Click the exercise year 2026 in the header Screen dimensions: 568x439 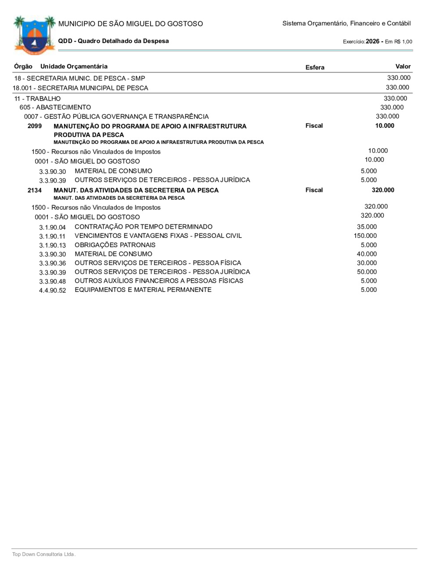372,41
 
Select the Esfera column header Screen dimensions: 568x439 315,67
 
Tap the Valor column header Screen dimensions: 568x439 403,66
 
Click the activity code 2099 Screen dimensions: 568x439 35,126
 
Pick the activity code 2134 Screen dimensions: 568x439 35,191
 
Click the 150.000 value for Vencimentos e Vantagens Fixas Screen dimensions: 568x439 365,236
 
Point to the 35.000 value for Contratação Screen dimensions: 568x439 367,227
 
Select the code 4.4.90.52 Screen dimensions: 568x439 52,291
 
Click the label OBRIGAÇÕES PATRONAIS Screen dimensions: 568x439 115,245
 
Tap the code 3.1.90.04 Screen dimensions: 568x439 52,227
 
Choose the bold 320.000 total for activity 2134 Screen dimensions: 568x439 383,190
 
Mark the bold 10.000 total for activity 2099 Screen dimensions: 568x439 385,126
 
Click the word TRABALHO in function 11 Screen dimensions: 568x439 43,99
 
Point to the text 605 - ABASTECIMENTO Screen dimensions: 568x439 55,107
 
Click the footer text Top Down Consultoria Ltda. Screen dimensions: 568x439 44,554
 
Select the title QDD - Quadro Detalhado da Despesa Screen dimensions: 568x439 113,41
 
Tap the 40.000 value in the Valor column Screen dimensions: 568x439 367,254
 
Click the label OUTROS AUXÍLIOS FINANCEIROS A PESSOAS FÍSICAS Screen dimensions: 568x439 159,280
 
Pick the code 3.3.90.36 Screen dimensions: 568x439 52,263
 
